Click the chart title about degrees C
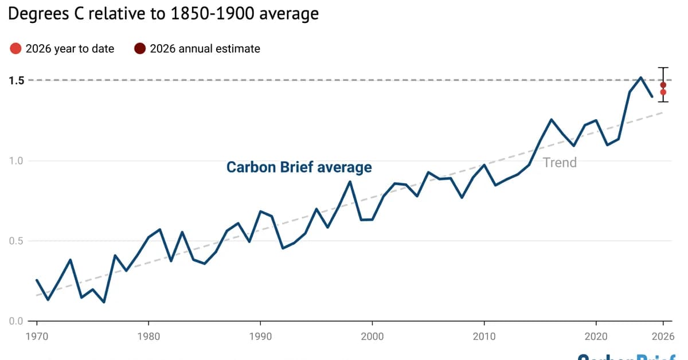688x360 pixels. point(163,13)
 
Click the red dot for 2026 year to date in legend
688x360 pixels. point(15,49)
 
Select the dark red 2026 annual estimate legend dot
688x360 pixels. point(140,49)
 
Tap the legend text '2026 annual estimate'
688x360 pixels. point(205,49)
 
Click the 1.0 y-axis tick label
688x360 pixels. point(16,161)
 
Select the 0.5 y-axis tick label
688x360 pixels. point(16,241)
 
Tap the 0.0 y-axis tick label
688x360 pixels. point(16,321)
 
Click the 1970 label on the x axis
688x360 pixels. point(37,335)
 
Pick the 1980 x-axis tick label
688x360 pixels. point(148,335)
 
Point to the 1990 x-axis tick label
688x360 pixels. point(260,335)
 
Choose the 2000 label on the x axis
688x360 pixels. point(373,335)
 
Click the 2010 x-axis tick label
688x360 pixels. point(484,335)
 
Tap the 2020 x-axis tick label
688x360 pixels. point(596,335)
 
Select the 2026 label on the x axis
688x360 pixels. point(663,335)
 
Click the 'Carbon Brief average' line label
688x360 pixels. point(299,167)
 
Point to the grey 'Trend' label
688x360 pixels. point(560,163)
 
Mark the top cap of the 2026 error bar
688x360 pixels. point(663,68)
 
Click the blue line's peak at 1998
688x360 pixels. point(350,182)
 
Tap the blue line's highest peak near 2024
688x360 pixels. point(640,77)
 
